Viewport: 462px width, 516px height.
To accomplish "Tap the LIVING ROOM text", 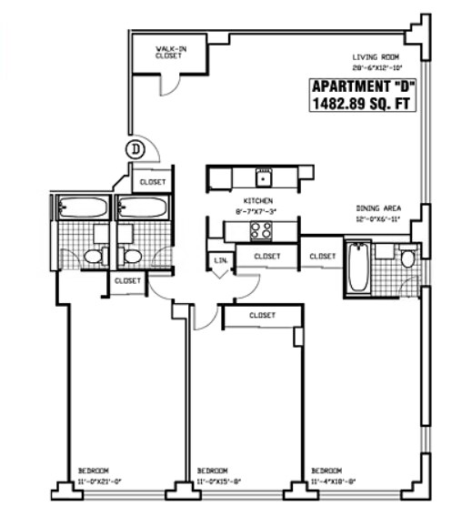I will pyautogui.click(x=376, y=56).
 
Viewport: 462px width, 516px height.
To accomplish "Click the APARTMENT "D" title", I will pyautogui.click(x=363, y=86).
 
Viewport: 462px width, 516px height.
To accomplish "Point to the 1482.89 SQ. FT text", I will pyautogui.click(x=363, y=105).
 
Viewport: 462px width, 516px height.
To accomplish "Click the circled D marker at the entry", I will pyautogui.click(x=136, y=148).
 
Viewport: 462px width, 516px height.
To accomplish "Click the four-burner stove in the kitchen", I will pyautogui.click(x=261, y=229).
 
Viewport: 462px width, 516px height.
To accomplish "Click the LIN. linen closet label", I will pyautogui.click(x=220, y=262).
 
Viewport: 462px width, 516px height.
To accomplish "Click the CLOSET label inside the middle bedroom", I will pyautogui.click(x=262, y=315).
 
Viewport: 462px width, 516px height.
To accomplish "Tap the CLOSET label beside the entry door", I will pyautogui.click(x=153, y=182).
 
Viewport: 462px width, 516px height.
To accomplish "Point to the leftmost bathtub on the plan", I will pyautogui.click(x=80, y=208).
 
